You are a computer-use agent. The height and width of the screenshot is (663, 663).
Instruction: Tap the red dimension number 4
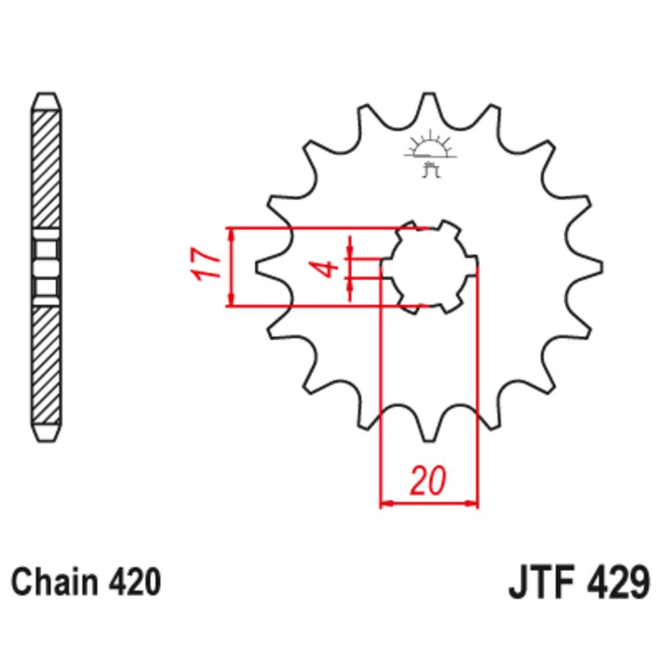pos(324,269)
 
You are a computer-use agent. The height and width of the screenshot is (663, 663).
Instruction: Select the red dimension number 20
pos(427,482)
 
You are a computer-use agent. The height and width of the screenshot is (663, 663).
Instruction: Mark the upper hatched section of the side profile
pos(47,169)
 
